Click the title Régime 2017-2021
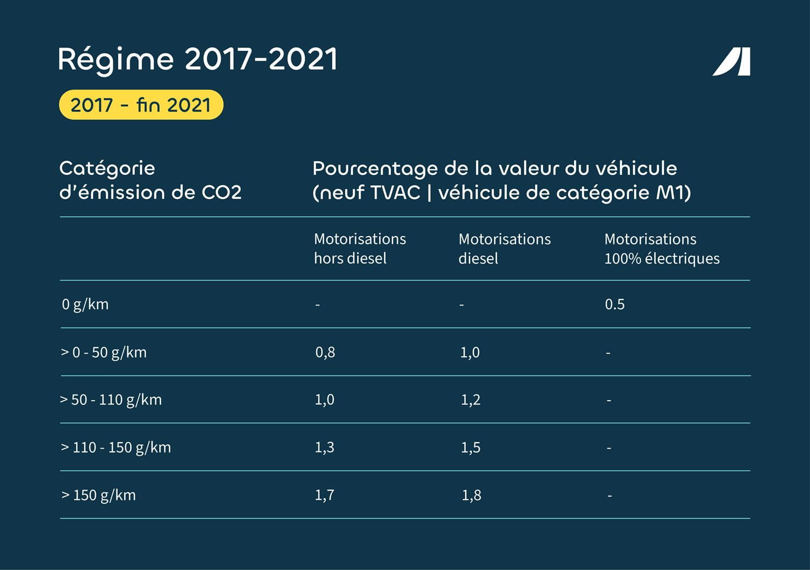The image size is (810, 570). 198,59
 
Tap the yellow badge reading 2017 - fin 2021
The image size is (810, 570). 141,105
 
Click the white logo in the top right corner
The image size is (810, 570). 732,62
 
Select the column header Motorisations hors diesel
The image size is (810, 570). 360,249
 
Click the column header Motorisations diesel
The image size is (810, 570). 504,249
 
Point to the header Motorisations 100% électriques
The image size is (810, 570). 661,249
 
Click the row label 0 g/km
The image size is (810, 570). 85,304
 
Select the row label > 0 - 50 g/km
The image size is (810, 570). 103,352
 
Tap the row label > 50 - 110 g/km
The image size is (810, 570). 111,400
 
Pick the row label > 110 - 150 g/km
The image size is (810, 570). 115,448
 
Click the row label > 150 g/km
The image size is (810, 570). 99,495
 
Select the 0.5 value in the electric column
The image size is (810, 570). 615,304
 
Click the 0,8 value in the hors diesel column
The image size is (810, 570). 325,352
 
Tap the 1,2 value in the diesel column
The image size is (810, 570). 470,400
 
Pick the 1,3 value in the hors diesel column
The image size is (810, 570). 325,448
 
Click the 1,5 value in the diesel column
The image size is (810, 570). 470,448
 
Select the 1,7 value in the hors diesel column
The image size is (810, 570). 325,495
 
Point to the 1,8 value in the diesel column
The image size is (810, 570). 471,495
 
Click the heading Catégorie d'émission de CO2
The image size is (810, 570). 150,180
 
